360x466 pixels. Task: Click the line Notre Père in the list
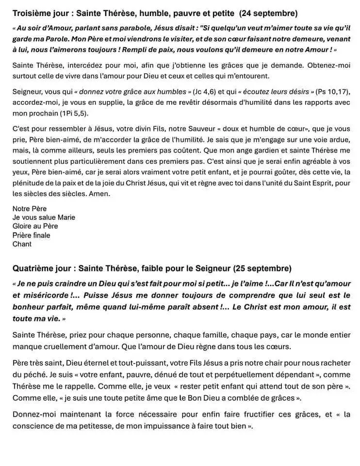click(30, 209)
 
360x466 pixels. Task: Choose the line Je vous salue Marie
click(44, 217)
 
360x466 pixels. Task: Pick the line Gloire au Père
click(35, 226)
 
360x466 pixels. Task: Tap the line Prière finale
click(32, 235)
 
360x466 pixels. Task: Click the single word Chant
click(22, 244)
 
